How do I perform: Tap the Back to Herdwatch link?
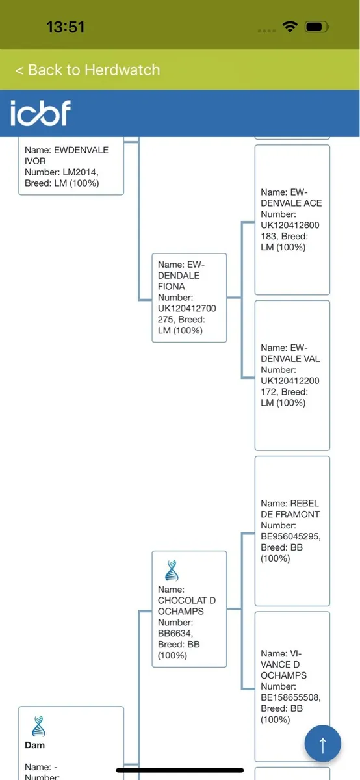pos(87,70)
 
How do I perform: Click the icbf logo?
pos(40,113)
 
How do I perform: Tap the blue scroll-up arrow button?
pos(322,743)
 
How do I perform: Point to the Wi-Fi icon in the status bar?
pos(290,27)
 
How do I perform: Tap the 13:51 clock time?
pos(66,27)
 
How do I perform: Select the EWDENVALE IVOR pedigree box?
pos(71,166)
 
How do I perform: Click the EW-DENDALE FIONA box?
pos(189,298)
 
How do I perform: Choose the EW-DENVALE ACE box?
pos(292,220)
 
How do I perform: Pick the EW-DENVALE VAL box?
pos(292,376)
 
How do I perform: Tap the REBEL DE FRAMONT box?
pos(292,531)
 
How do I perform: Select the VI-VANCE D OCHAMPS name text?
pos(284,664)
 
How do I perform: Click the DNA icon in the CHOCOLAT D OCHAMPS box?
pos(172,571)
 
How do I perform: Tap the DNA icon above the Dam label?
pos(38,726)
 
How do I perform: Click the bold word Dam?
pos(35,745)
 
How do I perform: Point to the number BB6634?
pos(175,633)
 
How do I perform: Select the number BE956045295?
pos(290,536)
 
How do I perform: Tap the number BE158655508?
pos(290,697)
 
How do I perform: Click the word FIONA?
pos(172,287)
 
